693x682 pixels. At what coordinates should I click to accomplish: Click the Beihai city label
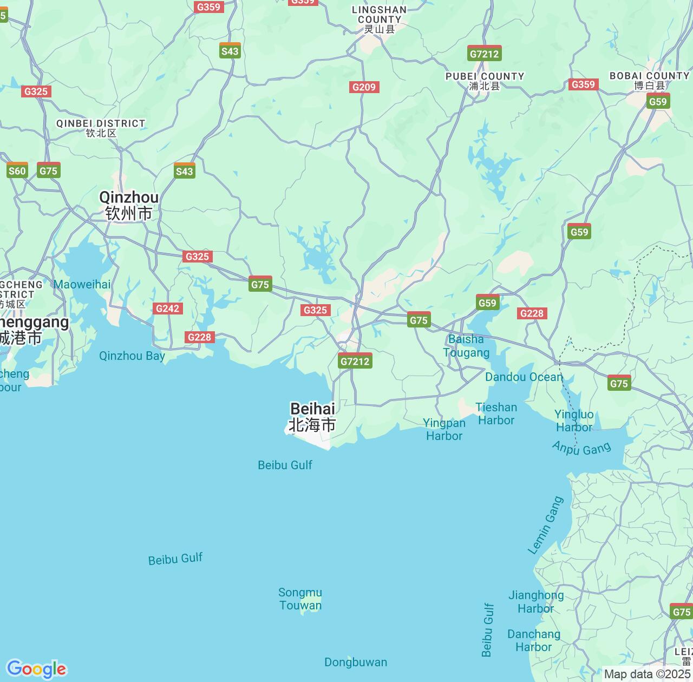click(x=312, y=417)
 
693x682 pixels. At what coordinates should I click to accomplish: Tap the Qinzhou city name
click(x=129, y=205)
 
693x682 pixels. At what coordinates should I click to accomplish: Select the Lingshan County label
click(x=379, y=19)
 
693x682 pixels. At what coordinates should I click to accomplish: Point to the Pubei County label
click(x=485, y=81)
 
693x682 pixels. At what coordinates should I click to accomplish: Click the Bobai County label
click(x=649, y=80)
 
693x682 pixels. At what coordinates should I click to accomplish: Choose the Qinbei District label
click(x=101, y=128)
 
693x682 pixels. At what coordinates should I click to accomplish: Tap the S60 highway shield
click(x=17, y=171)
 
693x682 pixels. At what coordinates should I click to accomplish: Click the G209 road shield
click(x=364, y=87)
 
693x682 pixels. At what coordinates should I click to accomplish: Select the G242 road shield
click(x=167, y=309)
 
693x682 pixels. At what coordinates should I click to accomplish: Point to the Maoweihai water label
click(x=82, y=284)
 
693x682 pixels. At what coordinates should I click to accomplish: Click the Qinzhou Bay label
click(x=132, y=356)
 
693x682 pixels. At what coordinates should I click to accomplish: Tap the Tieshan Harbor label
click(x=496, y=414)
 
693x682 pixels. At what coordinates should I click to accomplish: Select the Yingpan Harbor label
click(x=444, y=429)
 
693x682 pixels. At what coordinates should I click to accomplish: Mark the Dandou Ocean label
click(x=524, y=377)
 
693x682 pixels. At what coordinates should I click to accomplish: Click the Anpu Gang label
click(x=581, y=448)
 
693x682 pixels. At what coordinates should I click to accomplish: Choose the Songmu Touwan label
click(x=300, y=599)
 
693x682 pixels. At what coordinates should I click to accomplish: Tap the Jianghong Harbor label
click(x=536, y=602)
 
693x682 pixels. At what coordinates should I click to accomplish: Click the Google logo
click(x=36, y=669)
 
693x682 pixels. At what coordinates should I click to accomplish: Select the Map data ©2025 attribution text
click(x=647, y=674)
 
